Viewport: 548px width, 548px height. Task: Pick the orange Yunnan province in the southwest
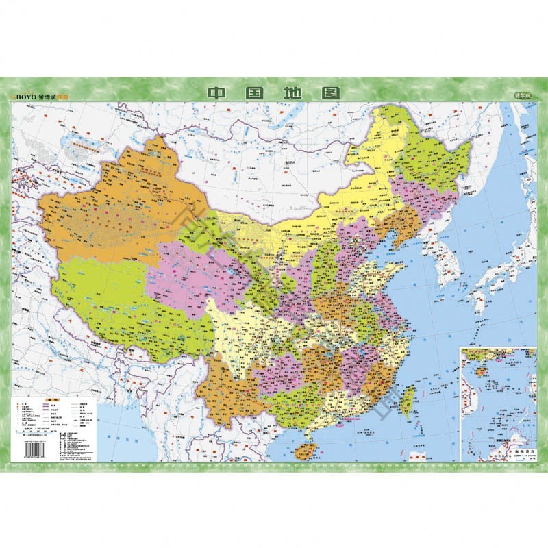click(226, 390)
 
